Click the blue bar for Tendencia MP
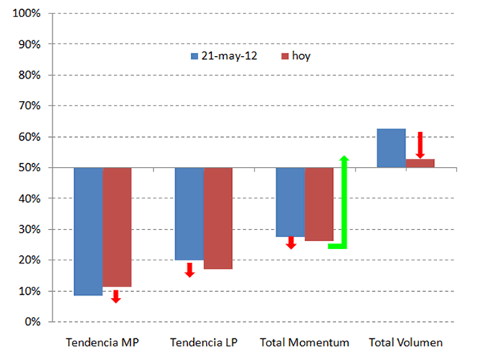[88, 231]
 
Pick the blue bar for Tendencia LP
[189, 213]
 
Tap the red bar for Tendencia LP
[218, 218]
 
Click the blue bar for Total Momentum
[290, 202]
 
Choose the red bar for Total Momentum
[319, 204]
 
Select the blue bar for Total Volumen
[391, 148]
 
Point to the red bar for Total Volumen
[420, 163]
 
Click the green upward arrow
[344, 202]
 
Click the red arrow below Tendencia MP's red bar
[116, 296]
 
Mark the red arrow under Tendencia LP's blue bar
[189, 269]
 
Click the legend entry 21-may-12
[225, 56]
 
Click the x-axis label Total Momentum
[305, 343]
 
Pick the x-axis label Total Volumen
[406, 343]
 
